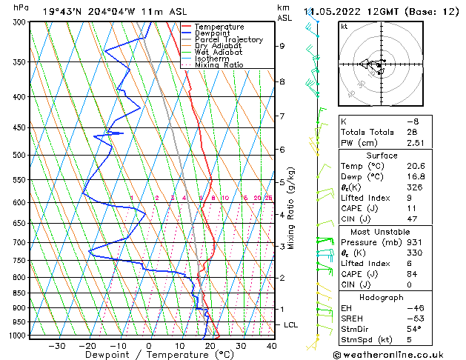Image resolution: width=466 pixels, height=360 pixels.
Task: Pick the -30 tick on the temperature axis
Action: click(56, 346)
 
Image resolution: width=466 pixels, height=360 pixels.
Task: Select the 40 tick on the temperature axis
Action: click(271, 346)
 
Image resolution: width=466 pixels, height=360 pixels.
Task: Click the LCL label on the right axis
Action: click(291, 325)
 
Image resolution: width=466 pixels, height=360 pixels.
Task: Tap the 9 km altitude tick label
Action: click(282, 46)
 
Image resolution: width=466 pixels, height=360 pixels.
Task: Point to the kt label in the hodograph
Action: click(344, 27)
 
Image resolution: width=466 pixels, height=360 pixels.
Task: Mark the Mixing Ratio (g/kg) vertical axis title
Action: click(291, 208)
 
